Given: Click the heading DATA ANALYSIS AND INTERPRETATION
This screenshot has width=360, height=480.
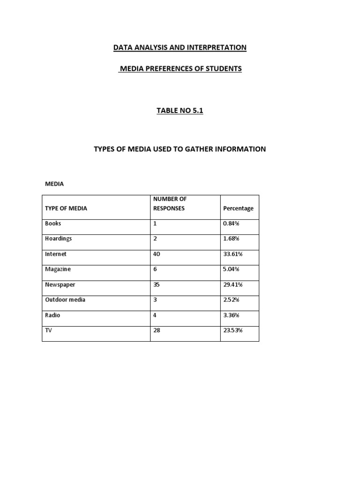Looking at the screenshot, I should pos(180,47).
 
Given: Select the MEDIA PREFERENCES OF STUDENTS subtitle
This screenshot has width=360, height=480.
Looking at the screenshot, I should pos(180,69).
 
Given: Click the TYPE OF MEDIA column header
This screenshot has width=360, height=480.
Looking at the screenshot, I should pos(66,208).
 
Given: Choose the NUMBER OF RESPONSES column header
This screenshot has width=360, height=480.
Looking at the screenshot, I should pos(169,203).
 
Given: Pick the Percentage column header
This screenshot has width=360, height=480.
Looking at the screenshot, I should pos(238,208).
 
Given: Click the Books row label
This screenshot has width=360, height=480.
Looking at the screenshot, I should pos(53,224).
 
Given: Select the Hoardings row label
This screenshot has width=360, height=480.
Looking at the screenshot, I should pos(59,239).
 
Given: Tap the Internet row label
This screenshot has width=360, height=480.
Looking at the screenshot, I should pos(56,254).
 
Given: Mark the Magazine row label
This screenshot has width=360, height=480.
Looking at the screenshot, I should pos(58,270).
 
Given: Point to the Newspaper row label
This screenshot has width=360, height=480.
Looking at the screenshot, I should pos(60,285).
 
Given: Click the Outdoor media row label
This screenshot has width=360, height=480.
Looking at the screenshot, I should pos(65,300).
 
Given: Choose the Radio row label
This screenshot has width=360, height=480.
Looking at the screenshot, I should pos(52,315).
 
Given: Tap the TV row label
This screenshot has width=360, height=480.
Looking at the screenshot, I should pos(49,330).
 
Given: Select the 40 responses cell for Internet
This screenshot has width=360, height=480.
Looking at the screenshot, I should pos(157,254).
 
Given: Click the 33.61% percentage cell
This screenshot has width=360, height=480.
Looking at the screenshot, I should pos(233,254).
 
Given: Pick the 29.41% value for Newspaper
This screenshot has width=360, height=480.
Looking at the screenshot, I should pos(233,285).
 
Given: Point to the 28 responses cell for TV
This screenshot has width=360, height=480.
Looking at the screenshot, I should pos(157,330).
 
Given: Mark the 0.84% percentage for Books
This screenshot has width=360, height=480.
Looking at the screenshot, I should pos(232,224).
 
